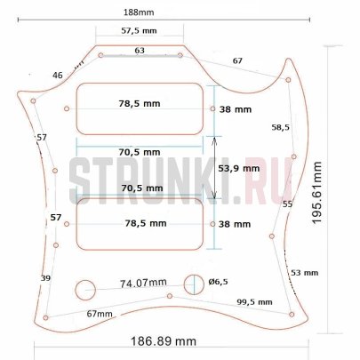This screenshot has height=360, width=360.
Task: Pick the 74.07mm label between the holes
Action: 143,283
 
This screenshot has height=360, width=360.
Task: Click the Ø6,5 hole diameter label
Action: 219,282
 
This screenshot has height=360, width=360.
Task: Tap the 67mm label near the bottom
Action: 99,314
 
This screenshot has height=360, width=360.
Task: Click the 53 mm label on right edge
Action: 303,273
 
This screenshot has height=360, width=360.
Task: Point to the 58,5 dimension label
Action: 281,127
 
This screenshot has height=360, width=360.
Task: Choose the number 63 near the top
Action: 140,51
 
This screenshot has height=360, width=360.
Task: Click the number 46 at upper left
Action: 58,76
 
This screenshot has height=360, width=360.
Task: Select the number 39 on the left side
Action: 45,278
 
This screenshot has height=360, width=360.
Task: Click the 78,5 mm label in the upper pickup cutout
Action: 141,104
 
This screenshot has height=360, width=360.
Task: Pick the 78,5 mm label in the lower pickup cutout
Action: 141,224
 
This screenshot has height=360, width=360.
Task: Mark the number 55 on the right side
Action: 287,204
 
